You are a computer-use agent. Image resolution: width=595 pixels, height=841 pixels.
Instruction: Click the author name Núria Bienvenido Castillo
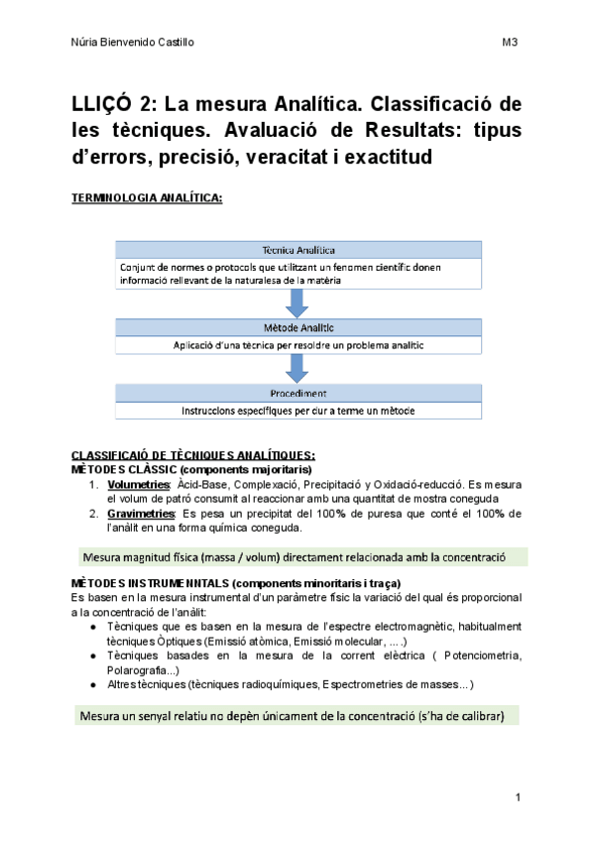[134, 43]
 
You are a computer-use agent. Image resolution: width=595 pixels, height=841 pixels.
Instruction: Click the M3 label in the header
[510, 43]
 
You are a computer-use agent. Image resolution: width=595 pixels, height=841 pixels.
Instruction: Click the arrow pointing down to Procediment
[298, 369]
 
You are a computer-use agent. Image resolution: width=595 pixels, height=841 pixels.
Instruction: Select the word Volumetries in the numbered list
[138, 483]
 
